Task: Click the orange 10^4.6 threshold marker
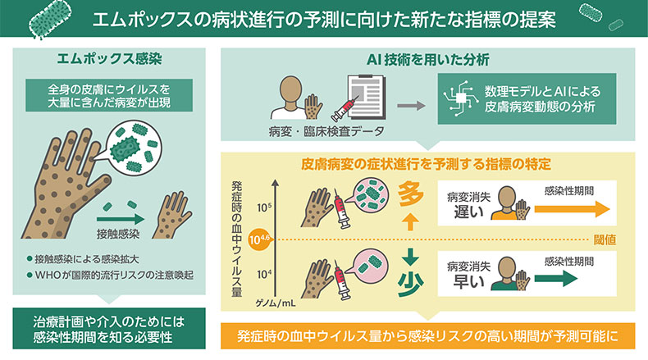tap(260, 239)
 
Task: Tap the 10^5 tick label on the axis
tap(264, 207)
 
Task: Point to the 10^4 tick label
tap(264, 275)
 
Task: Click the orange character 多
tap(410, 195)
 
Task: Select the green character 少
tap(410, 285)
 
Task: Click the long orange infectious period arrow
tap(573, 209)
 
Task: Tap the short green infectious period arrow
tap(555, 279)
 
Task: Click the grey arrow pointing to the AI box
tap(411, 106)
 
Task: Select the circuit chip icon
tap(460, 98)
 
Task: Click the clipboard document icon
tap(365, 97)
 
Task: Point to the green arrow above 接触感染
tap(121, 220)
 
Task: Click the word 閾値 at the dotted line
tap(605, 239)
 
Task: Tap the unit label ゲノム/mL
tap(276, 303)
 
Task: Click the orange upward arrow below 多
tap(410, 222)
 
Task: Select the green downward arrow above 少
tap(410, 257)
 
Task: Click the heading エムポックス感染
tap(109, 59)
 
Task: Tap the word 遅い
tap(468, 212)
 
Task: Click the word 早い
tap(468, 282)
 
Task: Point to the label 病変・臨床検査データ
tap(326, 132)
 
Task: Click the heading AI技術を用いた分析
tap(427, 60)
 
